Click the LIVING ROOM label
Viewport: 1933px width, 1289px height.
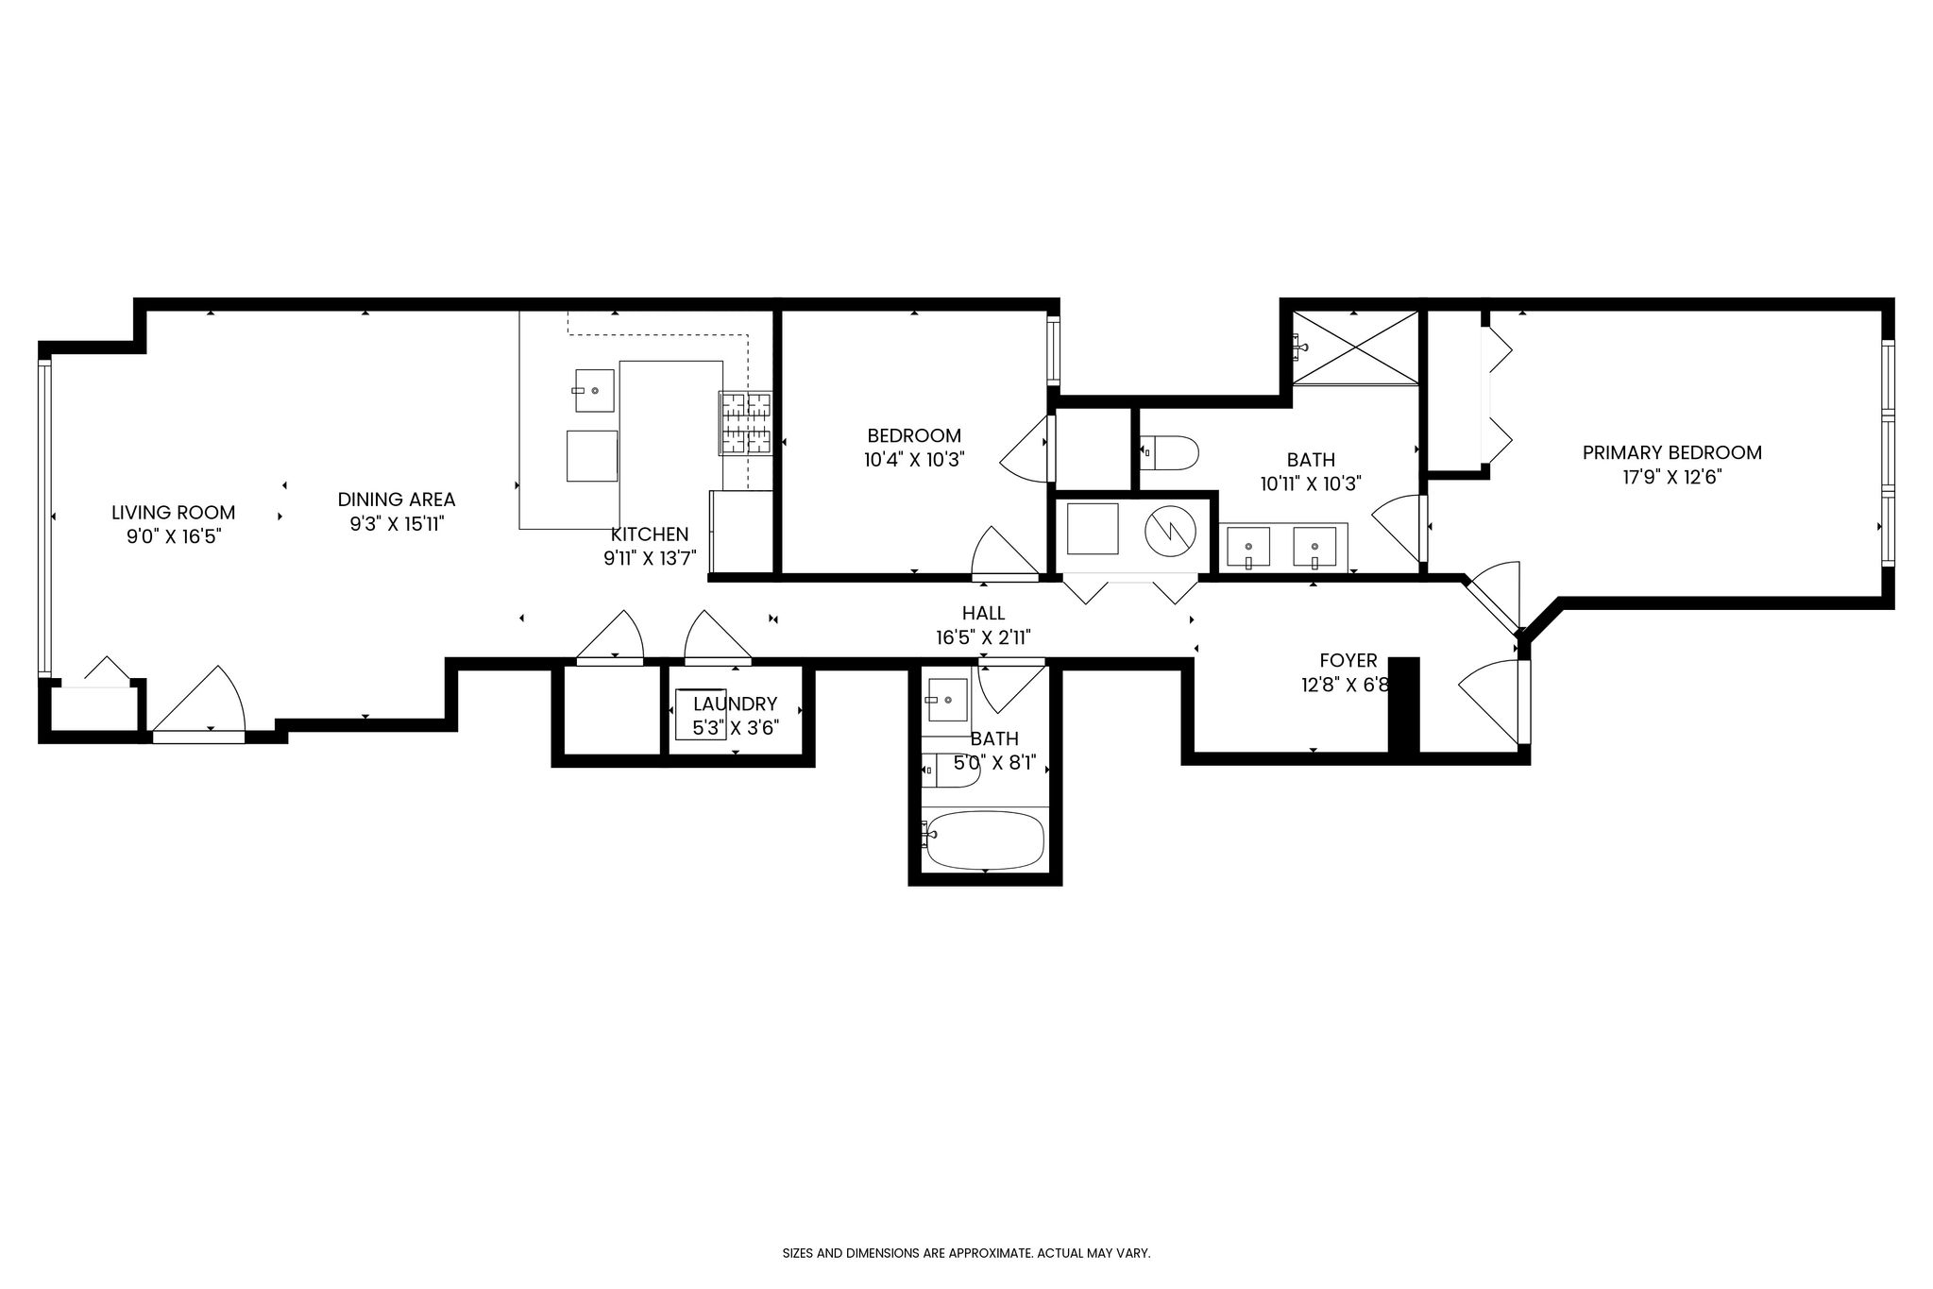pyautogui.click(x=174, y=513)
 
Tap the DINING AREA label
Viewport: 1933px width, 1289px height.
pyautogui.click(x=397, y=500)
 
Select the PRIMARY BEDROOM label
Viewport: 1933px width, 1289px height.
pyautogui.click(x=1672, y=452)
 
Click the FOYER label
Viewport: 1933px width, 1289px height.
pyautogui.click(x=1348, y=660)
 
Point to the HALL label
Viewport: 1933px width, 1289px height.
pyautogui.click(x=984, y=613)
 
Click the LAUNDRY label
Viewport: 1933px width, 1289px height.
pyautogui.click(x=735, y=704)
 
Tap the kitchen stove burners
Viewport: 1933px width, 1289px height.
pyautogui.click(x=747, y=423)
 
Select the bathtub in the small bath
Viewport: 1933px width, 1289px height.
pyautogui.click(x=985, y=840)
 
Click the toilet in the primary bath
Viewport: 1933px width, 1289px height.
pyautogui.click(x=1169, y=450)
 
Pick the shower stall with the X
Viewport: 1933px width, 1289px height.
pyautogui.click(x=1355, y=348)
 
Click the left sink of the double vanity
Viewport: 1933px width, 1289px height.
pyautogui.click(x=1248, y=547)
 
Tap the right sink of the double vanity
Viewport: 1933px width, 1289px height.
pyautogui.click(x=1314, y=547)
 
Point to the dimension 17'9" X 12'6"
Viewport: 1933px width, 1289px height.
pyautogui.click(x=1672, y=478)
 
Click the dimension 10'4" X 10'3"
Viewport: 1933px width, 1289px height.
pyautogui.click(x=914, y=461)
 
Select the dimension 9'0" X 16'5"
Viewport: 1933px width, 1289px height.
pyautogui.click(x=174, y=538)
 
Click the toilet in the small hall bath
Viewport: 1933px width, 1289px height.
pyautogui.click(x=952, y=771)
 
